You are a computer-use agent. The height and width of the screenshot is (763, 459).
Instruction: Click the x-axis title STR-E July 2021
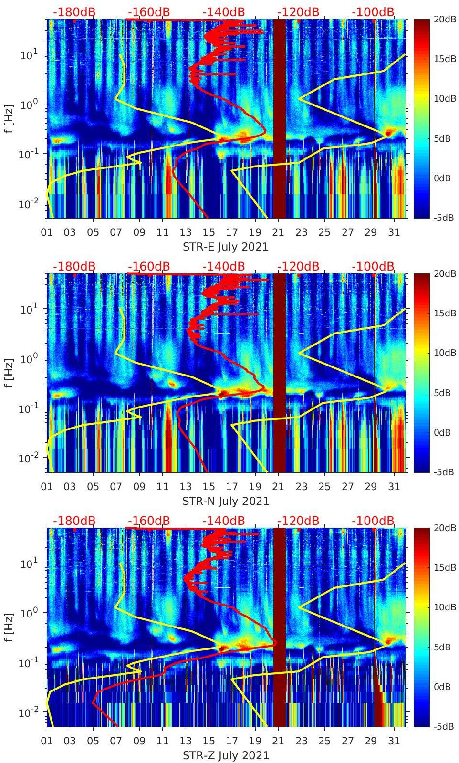coord(225,247)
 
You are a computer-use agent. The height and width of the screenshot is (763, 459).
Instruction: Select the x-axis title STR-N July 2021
coord(226,501)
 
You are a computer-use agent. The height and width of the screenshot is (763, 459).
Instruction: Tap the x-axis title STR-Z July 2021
coord(226,755)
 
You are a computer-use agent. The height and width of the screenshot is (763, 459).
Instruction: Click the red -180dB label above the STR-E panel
coord(74,12)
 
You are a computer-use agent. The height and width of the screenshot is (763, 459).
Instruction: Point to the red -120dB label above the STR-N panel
coord(298,266)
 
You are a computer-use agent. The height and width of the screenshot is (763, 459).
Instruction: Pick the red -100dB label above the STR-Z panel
coord(373,521)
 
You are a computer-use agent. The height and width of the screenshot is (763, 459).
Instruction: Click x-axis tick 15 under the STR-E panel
coord(209,232)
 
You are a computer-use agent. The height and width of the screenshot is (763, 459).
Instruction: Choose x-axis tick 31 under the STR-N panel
coord(394,487)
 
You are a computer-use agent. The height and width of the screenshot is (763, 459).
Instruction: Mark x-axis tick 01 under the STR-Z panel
coord(47,741)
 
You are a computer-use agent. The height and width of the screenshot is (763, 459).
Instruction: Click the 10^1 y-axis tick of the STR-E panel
coord(28,54)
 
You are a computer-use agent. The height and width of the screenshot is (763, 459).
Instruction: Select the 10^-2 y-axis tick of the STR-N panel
coord(27,458)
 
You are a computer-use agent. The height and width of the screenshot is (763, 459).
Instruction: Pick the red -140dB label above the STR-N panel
coord(223,266)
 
